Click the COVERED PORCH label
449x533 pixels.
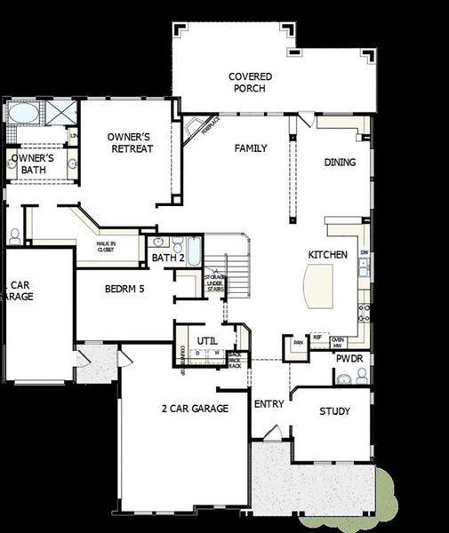(250, 83)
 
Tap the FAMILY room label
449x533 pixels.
(251, 148)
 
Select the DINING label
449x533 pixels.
(340, 163)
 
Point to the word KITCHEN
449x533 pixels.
(327, 255)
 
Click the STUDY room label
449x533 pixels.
(334, 411)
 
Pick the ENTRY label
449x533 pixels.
(269, 404)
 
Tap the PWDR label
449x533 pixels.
(349, 359)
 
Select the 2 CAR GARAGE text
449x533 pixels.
(195, 409)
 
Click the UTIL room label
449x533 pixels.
(207, 340)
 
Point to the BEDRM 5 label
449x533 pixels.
(124, 290)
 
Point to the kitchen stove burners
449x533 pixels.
(363, 312)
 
